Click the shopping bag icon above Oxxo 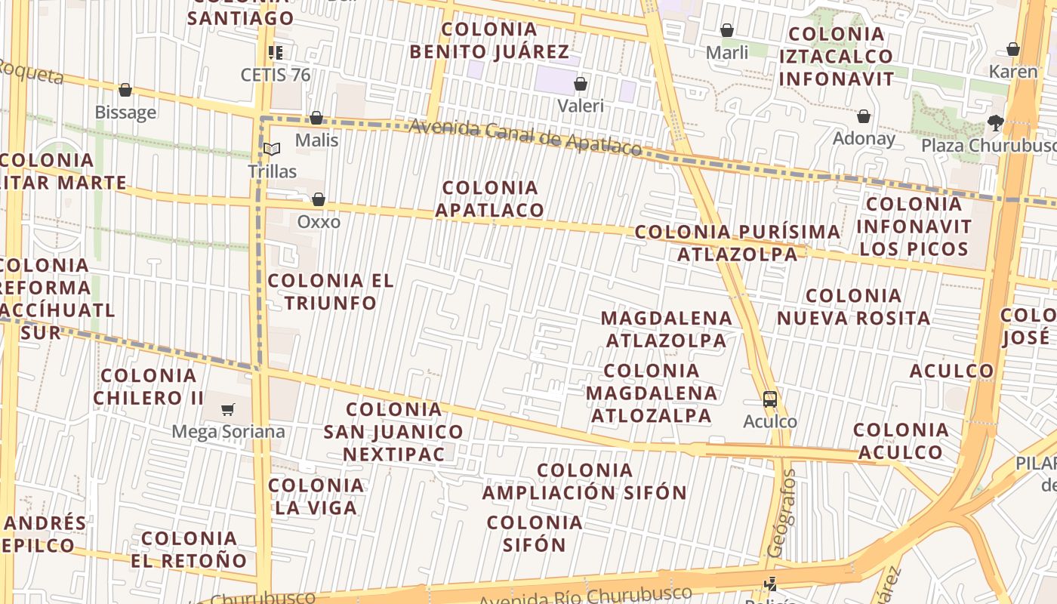click(319, 199)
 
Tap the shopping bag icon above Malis click(316, 118)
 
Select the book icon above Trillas click(272, 149)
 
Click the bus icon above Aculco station click(770, 399)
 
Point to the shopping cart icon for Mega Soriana click(227, 409)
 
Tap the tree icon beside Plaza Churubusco click(996, 123)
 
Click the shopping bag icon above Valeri click(581, 83)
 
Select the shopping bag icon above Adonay click(864, 116)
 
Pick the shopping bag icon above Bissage click(125, 90)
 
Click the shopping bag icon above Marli click(727, 30)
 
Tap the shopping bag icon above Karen click(1013, 49)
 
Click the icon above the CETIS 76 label click(276, 52)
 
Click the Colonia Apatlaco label click(490, 199)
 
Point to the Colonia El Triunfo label click(331, 291)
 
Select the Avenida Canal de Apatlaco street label click(525, 137)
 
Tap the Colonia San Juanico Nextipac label click(393, 431)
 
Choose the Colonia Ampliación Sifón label click(584, 481)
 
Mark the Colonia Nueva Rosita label click(853, 307)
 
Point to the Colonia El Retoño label click(189, 549)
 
